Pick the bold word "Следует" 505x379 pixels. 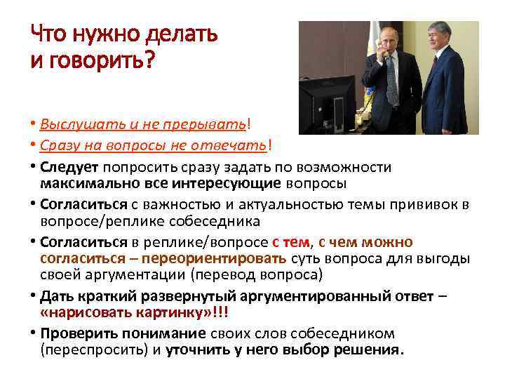pos(71,167)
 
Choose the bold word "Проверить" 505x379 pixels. pos(76,333)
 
